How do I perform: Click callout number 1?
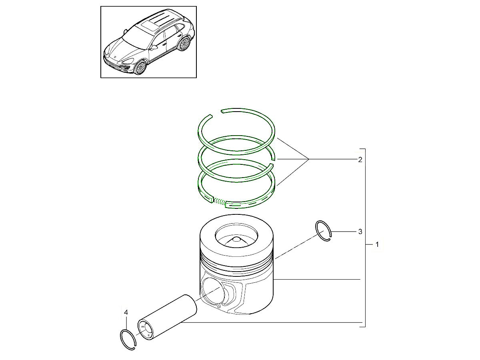coord(377,244)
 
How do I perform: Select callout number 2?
coord(360,160)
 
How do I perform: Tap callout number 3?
coord(360,232)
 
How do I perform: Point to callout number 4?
coord(126,312)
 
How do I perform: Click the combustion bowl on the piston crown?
coord(236,236)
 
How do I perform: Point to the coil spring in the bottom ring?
coord(219,202)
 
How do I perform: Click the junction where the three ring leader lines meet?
coord(309,159)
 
